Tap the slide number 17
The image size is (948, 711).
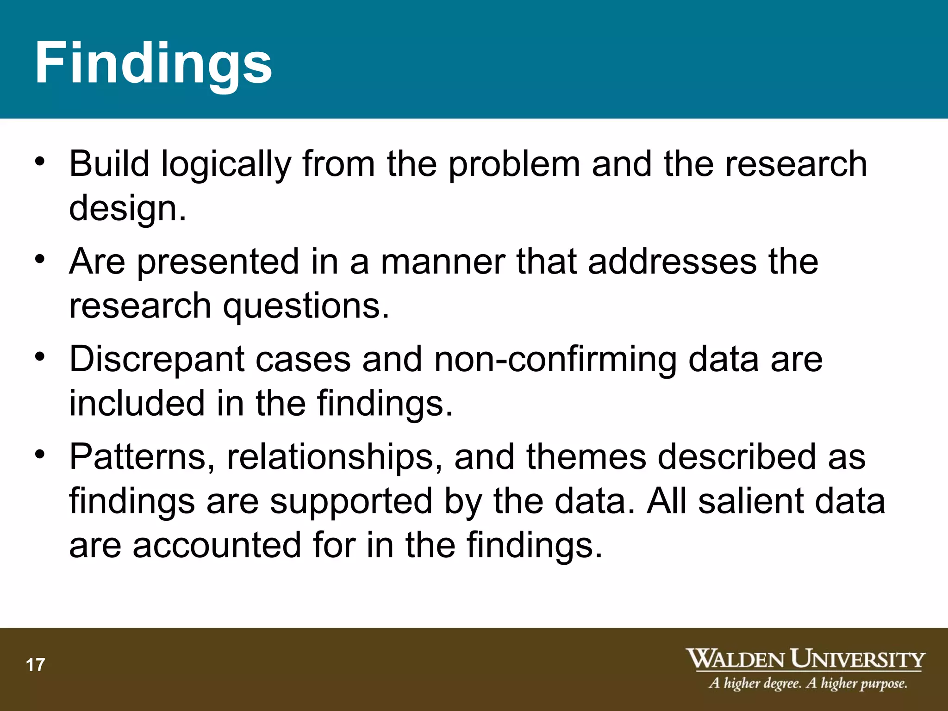(35, 665)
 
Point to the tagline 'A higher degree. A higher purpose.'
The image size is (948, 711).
(808, 684)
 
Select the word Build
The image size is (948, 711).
(109, 164)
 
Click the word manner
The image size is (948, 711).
(443, 262)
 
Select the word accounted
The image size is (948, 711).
(217, 545)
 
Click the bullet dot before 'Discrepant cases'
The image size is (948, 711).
(40, 357)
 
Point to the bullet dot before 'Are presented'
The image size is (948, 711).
(40, 259)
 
